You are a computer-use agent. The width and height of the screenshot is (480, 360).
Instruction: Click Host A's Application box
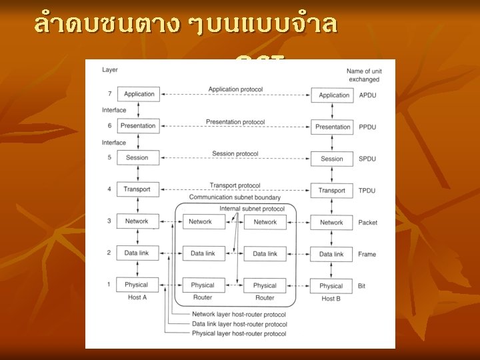tap(139, 94)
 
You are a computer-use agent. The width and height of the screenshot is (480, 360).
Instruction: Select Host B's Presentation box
tap(333, 127)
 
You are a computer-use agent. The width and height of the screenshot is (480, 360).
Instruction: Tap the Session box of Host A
tap(137, 157)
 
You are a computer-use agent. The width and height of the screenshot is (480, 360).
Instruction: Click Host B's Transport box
tap(332, 191)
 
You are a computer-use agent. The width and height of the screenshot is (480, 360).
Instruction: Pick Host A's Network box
tap(137, 221)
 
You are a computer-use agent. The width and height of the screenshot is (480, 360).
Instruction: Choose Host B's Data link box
tap(331, 254)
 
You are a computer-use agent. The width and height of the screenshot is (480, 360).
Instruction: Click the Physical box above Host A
tap(137, 285)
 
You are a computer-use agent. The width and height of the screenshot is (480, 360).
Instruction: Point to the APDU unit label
tap(367, 95)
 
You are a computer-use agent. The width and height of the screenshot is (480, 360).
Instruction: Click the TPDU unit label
tap(367, 191)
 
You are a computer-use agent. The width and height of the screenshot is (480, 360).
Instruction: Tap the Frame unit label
tap(367, 254)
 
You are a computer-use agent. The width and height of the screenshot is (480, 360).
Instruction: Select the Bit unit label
tap(362, 285)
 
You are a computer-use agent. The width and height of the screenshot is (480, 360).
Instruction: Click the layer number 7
tap(109, 94)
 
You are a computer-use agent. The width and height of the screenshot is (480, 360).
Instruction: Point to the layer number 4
tap(109, 189)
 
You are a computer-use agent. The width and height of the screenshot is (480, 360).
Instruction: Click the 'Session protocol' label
tap(235, 154)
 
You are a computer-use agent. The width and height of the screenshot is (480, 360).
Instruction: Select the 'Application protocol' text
tap(235, 89)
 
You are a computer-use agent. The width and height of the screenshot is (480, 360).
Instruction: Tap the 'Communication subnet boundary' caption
tap(235, 198)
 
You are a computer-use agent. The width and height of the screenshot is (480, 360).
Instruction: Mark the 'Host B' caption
tap(331, 299)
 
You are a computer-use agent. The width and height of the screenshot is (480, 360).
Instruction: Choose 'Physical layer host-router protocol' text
tap(239, 333)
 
